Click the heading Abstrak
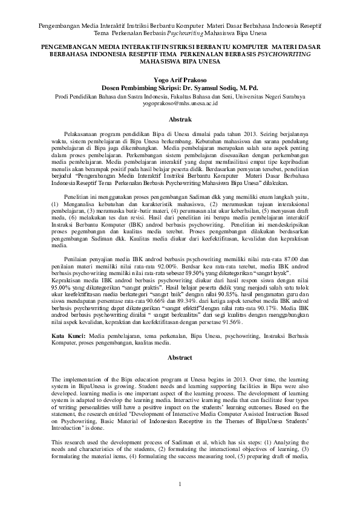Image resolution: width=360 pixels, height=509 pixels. [180, 120]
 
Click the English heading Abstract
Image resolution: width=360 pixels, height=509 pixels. [180, 357]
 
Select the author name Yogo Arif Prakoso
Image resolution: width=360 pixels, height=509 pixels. [180, 80]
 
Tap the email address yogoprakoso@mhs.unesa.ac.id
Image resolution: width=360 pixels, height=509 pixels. [180, 104]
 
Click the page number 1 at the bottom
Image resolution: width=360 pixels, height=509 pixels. [180, 485]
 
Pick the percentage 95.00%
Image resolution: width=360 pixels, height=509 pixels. [61, 289]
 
